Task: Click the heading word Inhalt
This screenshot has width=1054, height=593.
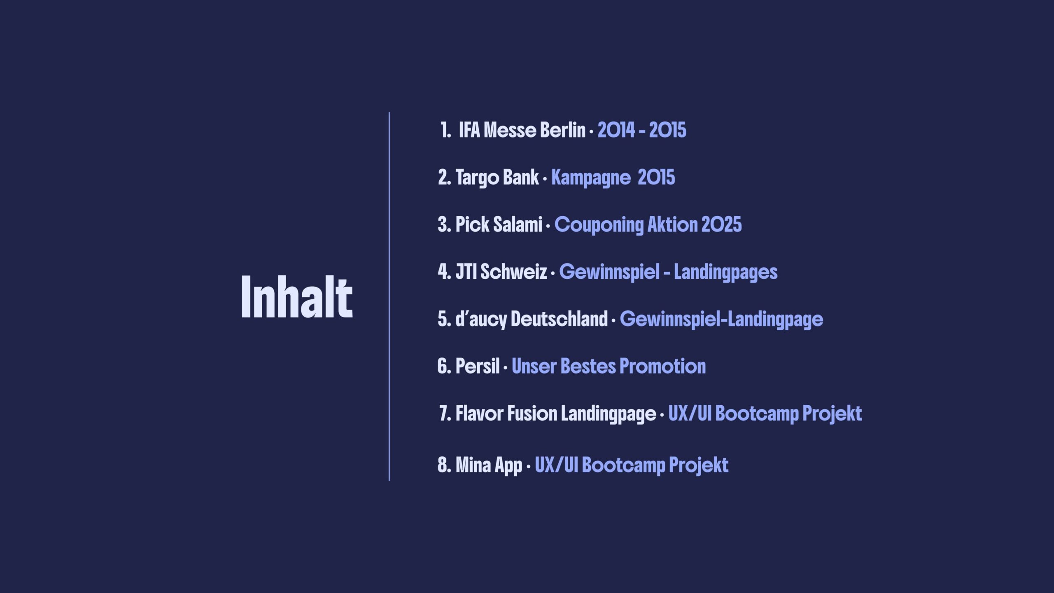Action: [296, 296]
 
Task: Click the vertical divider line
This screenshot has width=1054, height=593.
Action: [389, 296]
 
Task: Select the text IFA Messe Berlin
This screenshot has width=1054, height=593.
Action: [522, 130]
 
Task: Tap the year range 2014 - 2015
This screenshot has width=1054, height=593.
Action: [642, 130]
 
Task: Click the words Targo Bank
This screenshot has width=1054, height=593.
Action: [497, 178]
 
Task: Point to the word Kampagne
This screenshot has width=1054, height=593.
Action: [591, 178]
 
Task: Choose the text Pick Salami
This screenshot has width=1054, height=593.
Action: [499, 225]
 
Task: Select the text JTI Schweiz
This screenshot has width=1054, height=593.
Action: [501, 272]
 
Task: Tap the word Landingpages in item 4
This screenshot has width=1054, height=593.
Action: [726, 272]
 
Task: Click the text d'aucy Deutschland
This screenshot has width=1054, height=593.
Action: [532, 319]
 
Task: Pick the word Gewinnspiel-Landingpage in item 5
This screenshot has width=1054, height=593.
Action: [721, 320]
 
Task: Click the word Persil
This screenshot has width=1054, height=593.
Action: [478, 367]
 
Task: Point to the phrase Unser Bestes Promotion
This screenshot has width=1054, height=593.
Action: [609, 367]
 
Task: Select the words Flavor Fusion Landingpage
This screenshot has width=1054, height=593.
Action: [556, 414]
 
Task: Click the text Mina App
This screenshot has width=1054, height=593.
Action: [489, 465]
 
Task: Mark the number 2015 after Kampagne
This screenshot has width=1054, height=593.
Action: [656, 177]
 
